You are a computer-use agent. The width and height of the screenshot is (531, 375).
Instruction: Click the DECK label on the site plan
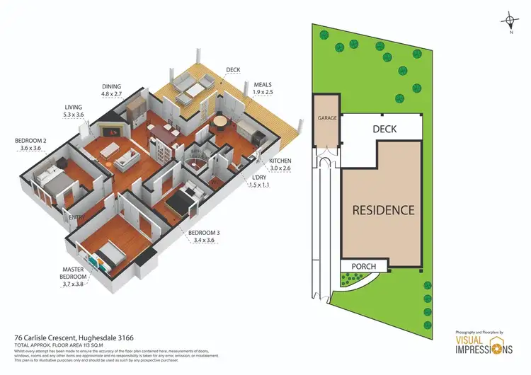[384, 129]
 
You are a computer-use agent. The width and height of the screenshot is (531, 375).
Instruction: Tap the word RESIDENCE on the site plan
[384, 210]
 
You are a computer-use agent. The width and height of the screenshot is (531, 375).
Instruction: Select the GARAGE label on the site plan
[326, 118]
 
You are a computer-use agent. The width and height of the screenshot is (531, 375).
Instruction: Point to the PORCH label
[364, 267]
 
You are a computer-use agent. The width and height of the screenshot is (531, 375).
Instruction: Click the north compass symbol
[510, 21]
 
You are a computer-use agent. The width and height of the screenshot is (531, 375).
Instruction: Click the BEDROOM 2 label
[30, 144]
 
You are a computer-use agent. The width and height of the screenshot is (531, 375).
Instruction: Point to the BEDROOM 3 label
[203, 236]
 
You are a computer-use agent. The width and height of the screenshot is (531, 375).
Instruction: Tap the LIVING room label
[74, 111]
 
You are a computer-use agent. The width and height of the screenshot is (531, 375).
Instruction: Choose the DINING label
[112, 89]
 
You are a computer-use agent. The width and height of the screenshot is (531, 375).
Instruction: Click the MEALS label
[262, 87]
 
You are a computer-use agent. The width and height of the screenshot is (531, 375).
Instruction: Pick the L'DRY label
[258, 180]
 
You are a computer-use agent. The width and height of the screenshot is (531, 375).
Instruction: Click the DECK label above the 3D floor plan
[233, 70]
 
